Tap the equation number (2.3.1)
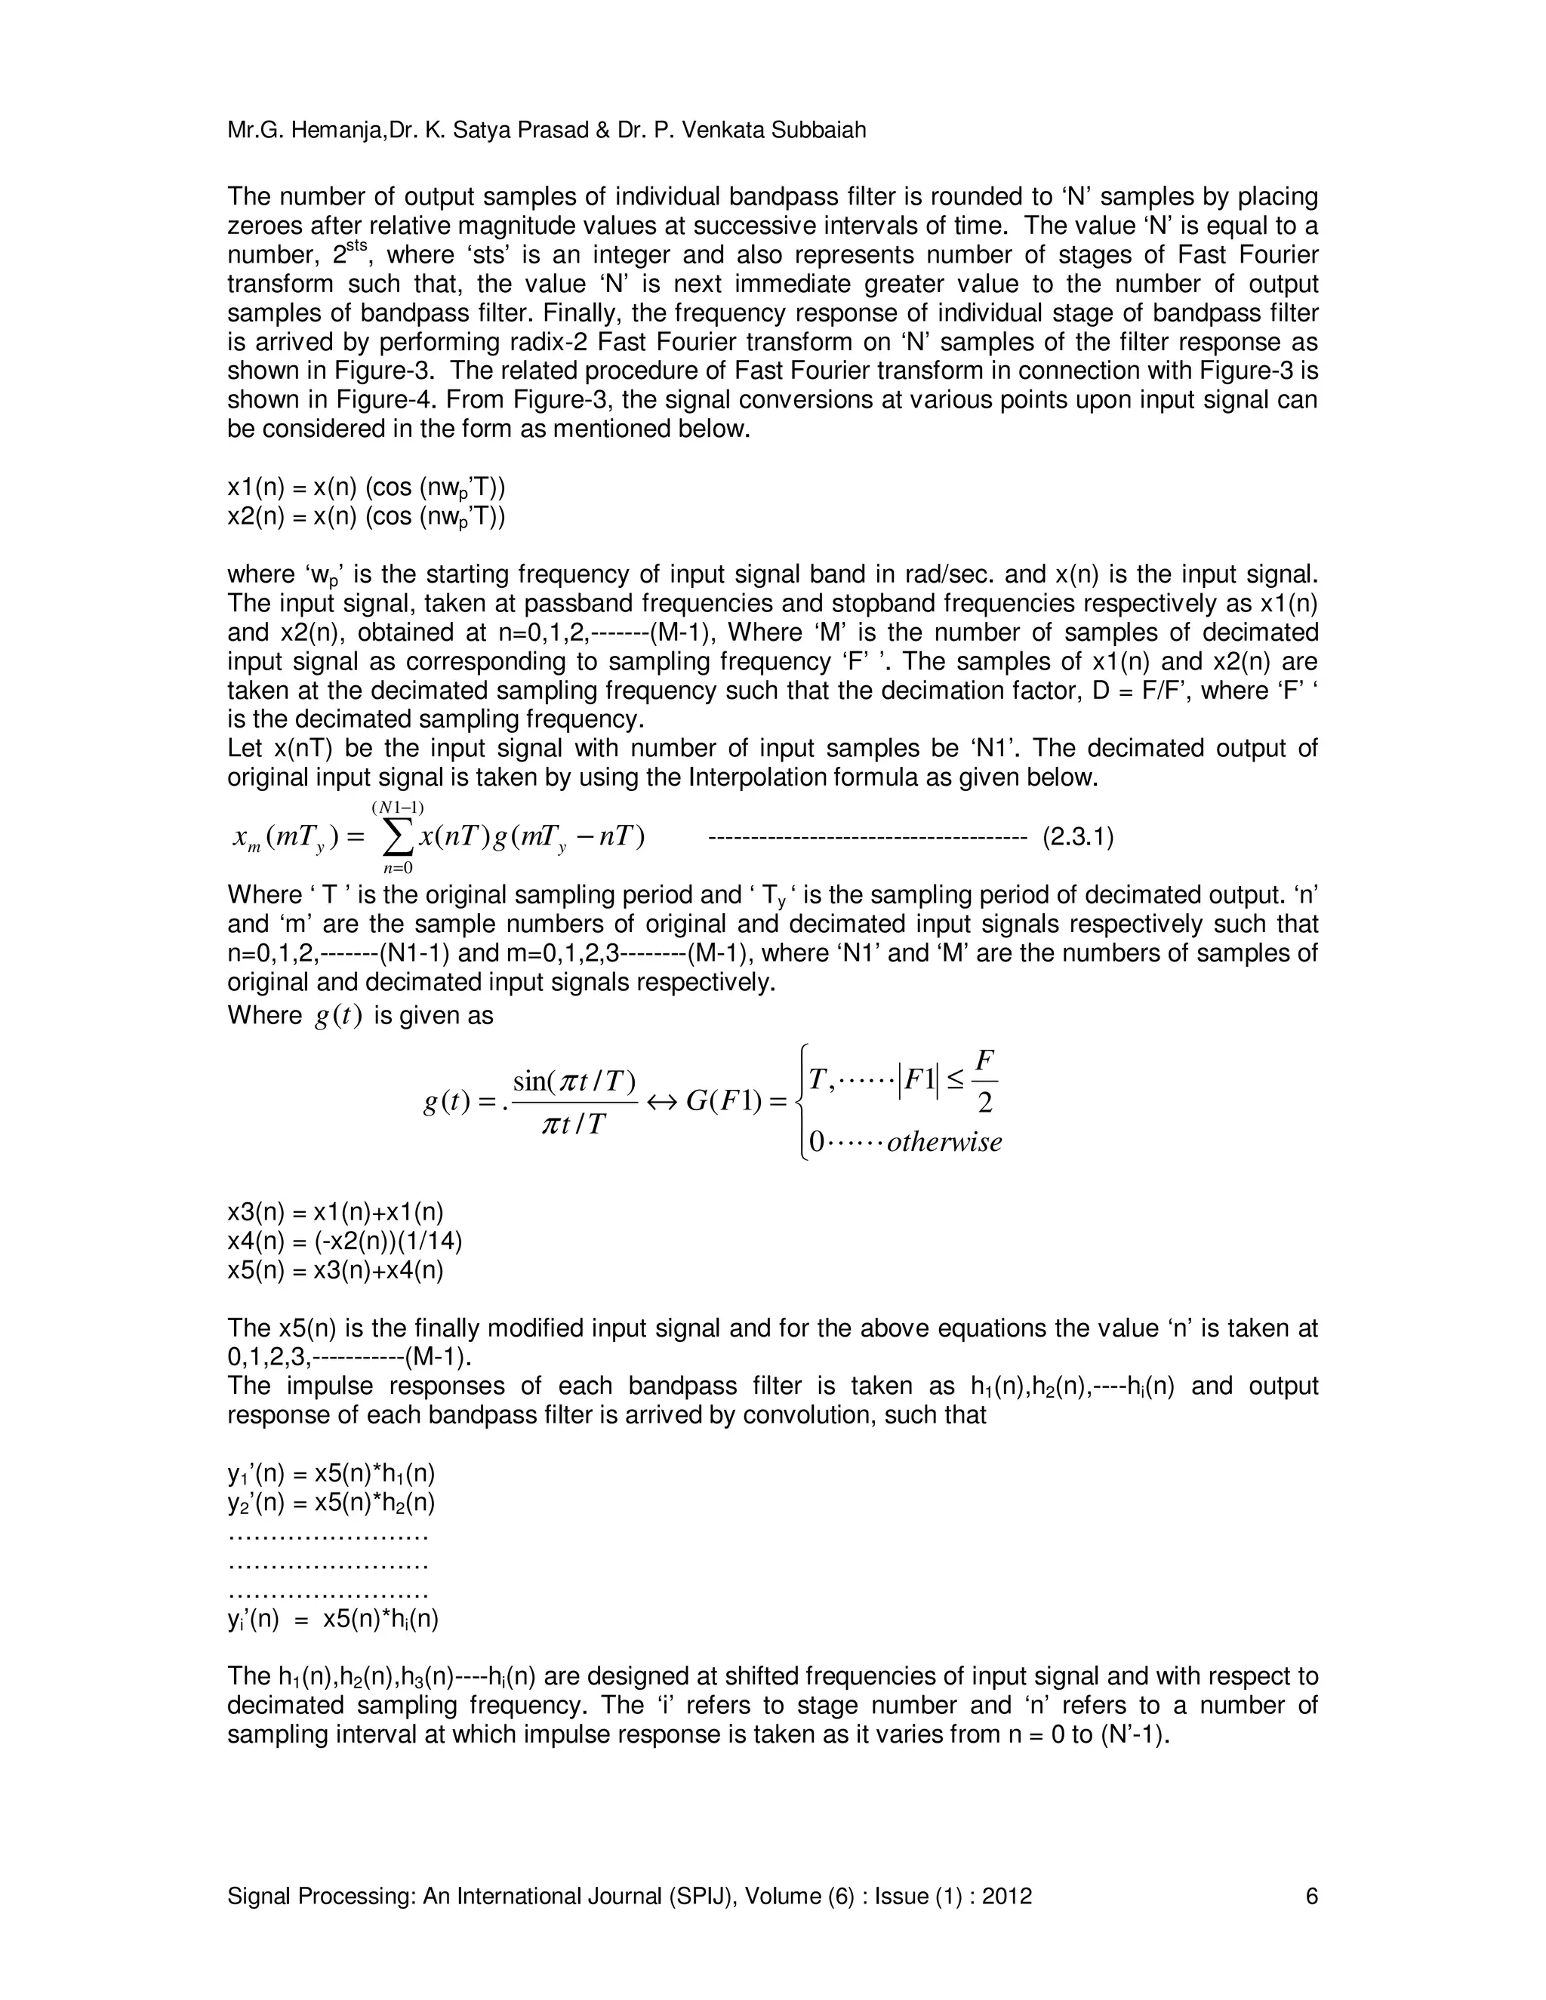click(x=1078, y=838)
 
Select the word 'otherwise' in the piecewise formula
click(x=944, y=1143)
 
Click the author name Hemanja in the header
click(x=339, y=131)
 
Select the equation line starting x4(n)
click(x=344, y=1242)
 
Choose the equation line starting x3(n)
click(x=335, y=1213)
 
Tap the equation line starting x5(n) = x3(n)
click(x=335, y=1271)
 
